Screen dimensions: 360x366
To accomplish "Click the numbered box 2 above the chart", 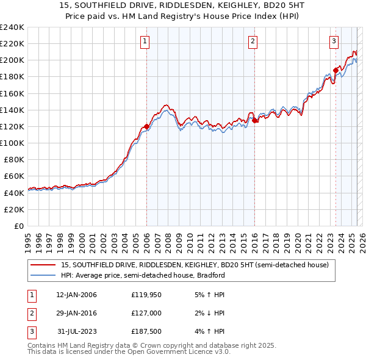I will click(253, 41).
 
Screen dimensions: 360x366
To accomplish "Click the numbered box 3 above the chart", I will click(334, 41).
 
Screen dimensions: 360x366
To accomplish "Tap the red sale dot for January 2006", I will click(146, 127).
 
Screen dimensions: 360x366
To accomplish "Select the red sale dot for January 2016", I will click(254, 121).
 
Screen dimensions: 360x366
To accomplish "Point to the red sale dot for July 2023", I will click(335, 71).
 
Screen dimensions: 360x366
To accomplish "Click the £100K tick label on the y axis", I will click(12, 143).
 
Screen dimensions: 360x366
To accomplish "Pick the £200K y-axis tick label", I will click(12, 60).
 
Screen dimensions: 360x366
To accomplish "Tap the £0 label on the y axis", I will click(18, 226).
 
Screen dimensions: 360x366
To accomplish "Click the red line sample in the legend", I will click(43, 265).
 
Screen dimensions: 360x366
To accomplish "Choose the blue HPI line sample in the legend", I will click(43, 275).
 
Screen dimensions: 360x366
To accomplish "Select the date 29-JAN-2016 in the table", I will click(77, 313).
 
